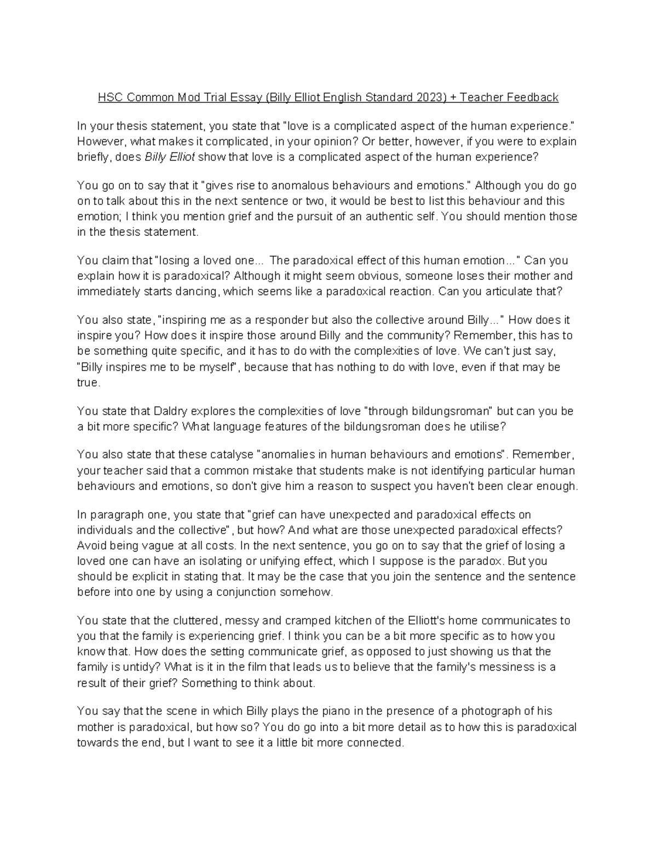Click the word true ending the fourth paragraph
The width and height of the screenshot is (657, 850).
pos(88,382)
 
